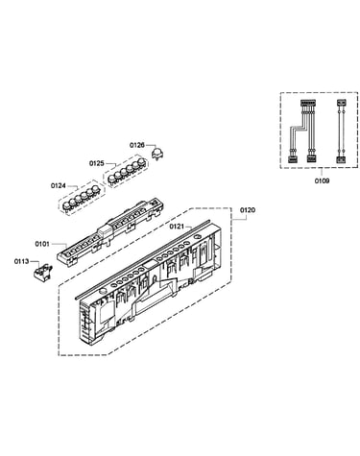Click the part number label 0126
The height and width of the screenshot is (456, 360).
coord(136,145)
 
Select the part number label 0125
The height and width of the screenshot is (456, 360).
coord(97,163)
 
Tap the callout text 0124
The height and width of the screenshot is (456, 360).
coord(59,185)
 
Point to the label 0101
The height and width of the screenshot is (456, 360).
coord(42,244)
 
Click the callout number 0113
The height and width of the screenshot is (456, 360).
coord(21,261)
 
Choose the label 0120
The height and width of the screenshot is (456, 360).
coord(248,210)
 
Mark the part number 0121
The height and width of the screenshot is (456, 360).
coord(177,227)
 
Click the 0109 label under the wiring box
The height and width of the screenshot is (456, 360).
coord(322,181)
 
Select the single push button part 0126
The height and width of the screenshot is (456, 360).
coord(156,154)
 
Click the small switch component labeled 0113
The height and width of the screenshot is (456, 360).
coord(42,272)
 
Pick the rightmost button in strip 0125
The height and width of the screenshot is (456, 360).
coord(141,161)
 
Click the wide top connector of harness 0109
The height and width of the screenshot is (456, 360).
coord(308,104)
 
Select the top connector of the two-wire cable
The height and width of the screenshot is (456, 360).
coord(341,103)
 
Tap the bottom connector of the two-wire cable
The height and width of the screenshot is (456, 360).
coord(341,160)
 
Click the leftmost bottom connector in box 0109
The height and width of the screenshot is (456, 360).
coord(293,159)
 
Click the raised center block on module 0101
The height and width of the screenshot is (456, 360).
coord(106,230)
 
